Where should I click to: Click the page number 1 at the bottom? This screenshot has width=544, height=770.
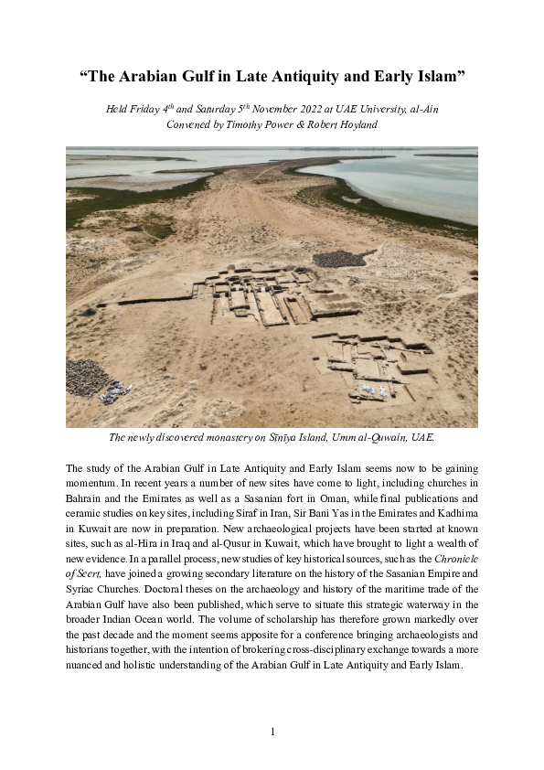click(272, 732)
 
